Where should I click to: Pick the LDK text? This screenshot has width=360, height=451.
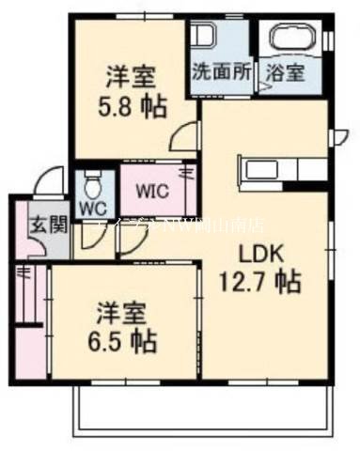point(258,253)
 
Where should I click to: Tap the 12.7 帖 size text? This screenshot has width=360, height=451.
point(260,280)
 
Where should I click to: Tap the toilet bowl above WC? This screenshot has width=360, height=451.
point(92,181)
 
